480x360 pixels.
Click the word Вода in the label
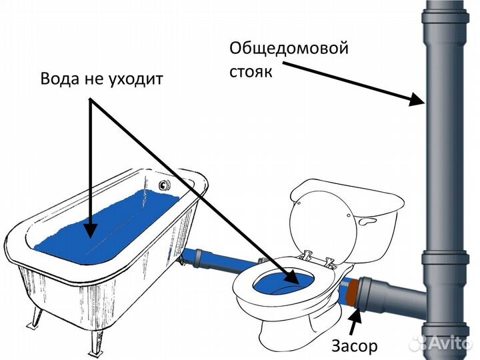(60, 79)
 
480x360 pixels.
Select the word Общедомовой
(289, 49)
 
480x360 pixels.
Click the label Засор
(355, 346)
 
